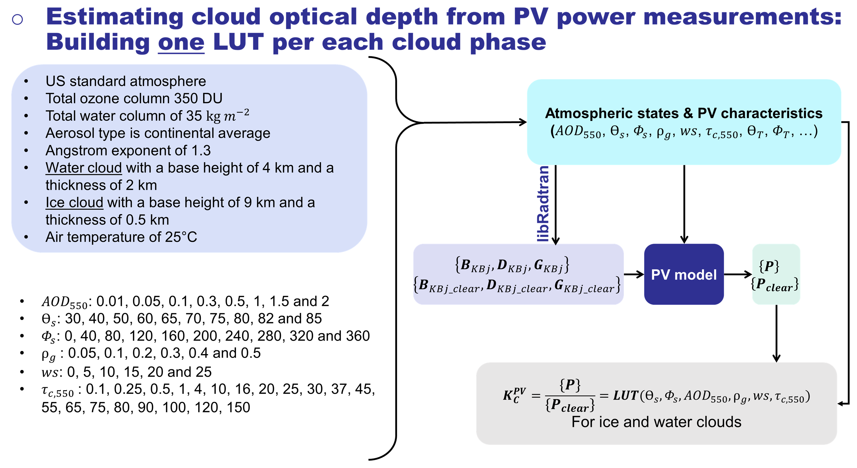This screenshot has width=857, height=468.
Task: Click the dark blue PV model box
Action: [684, 274]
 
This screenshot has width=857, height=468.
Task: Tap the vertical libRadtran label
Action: [543, 204]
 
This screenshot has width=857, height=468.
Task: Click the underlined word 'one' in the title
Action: [181, 42]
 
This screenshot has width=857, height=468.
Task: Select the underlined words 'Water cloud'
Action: [84, 168]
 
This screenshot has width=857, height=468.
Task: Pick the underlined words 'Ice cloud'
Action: [74, 202]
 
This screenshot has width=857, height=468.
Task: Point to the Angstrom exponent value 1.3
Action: [201, 150]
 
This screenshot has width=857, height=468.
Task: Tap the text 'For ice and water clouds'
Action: [656, 422]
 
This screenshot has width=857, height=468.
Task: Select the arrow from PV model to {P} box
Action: [738, 274]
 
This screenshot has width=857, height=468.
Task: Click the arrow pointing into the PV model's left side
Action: [634, 274]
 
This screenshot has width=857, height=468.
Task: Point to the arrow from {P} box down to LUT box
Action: [776, 333]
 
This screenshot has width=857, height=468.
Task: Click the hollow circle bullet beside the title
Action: [17, 19]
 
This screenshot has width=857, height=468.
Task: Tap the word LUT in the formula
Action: [625, 396]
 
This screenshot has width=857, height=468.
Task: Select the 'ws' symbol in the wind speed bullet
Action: [49, 372]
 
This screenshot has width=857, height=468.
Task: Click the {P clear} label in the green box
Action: [774, 284]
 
